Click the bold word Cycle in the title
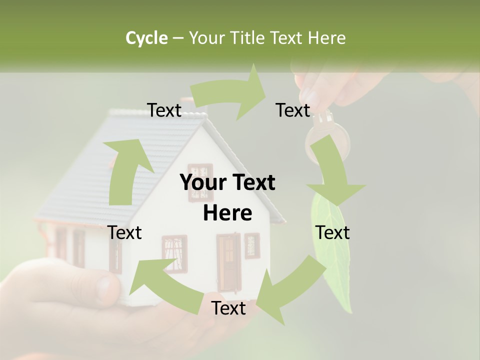point(146,38)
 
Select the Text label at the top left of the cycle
point(164,110)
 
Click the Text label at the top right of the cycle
point(292,110)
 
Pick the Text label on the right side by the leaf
point(332,232)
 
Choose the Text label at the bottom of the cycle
point(228,308)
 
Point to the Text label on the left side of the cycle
point(124,232)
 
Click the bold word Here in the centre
point(227,213)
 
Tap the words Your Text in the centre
point(227,183)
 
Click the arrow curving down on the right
point(335,175)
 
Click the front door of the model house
point(228,260)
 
